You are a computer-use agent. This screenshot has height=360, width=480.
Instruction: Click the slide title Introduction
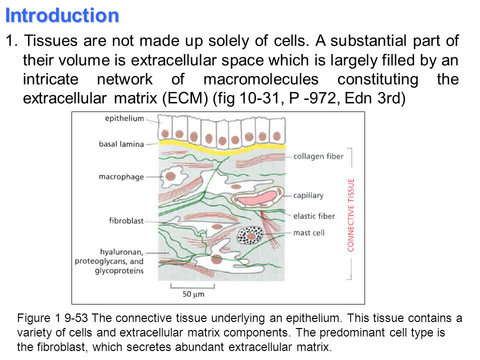click(x=62, y=15)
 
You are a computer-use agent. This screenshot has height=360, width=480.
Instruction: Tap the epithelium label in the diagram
click(x=124, y=118)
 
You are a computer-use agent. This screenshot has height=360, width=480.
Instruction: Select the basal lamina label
click(x=121, y=144)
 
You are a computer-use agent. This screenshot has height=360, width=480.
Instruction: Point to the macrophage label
click(x=121, y=176)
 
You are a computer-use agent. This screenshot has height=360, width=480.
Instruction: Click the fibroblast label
click(x=126, y=220)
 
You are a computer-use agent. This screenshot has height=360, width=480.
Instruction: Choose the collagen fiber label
click(x=318, y=156)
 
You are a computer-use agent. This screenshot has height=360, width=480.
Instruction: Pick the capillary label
click(x=308, y=195)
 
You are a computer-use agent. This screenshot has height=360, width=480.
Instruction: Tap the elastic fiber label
click(x=313, y=216)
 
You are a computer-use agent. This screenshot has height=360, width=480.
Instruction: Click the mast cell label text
click(x=309, y=232)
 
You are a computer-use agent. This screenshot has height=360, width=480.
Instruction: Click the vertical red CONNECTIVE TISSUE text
click(x=351, y=214)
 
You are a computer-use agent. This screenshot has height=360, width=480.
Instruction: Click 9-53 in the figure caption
click(x=77, y=318)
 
